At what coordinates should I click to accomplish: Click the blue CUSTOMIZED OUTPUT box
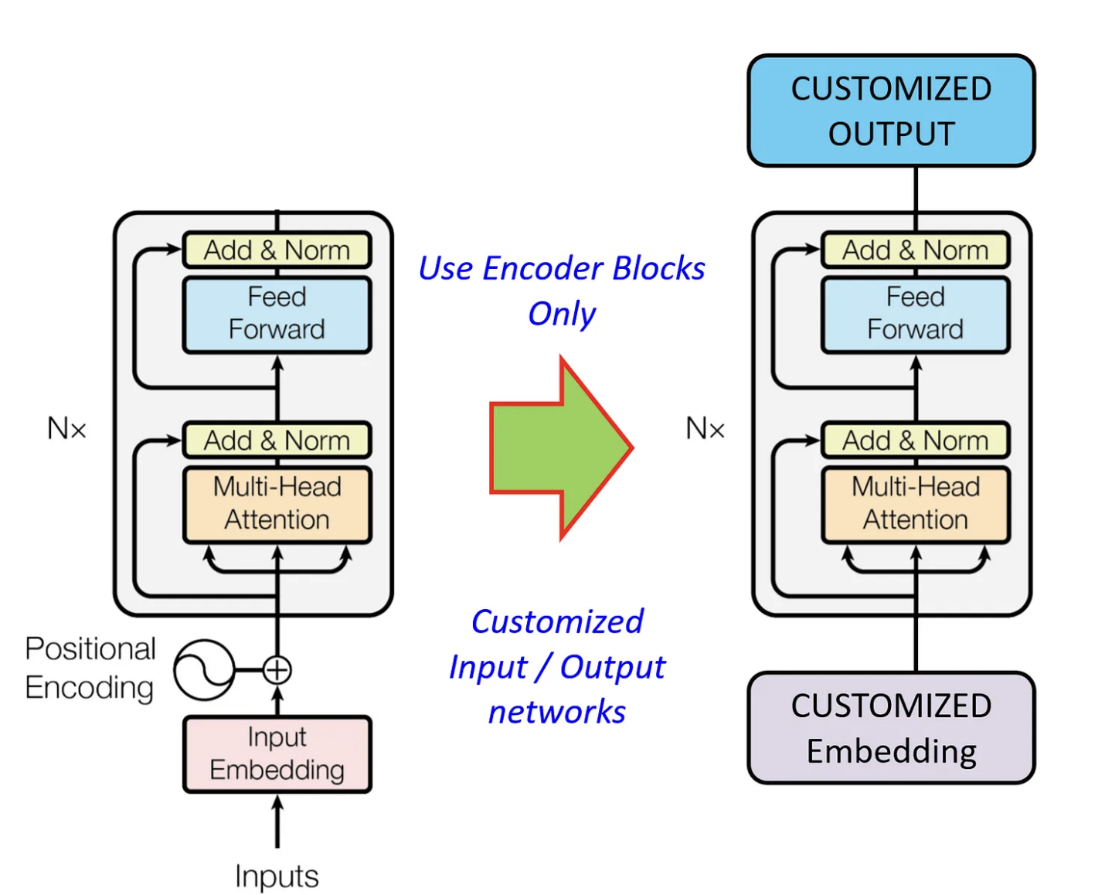[x=890, y=111]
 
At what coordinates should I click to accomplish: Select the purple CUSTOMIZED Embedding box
[x=890, y=727]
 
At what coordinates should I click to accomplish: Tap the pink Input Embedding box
[x=277, y=754]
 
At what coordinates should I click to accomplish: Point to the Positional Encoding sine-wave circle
[x=203, y=670]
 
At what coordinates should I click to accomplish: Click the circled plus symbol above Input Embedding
[x=277, y=670]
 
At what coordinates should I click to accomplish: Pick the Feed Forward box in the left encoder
[x=277, y=314]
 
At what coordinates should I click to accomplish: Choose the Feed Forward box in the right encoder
[x=915, y=314]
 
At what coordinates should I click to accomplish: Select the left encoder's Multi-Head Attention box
[x=277, y=503]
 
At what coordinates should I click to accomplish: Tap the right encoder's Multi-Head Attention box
[x=915, y=503]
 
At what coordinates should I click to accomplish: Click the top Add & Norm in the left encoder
[x=277, y=250]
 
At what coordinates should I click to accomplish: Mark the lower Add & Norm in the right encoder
[x=915, y=441]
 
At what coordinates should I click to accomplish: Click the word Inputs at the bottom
[x=277, y=876]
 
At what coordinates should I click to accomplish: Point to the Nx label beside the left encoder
[x=66, y=428]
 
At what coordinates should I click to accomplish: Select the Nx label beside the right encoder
[x=705, y=428]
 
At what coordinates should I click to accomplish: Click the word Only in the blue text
[x=562, y=314]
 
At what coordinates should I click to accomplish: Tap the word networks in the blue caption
[x=557, y=712]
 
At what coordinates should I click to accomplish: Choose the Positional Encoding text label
[x=90, y=668]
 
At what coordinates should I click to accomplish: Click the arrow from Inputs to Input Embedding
[x=277, y=823]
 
